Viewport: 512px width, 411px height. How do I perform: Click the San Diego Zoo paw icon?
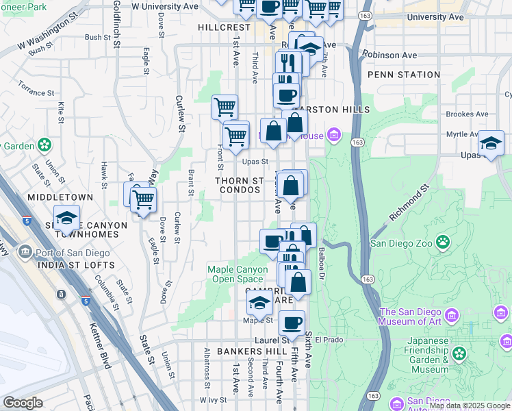tap(444, 241)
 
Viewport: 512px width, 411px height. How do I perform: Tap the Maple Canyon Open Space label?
tap(238, 274)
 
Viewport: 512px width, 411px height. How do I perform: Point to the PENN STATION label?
tap(404, 75)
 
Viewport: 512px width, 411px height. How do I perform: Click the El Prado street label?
tap(346, 340)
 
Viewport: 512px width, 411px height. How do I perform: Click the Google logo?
tap(23, 403)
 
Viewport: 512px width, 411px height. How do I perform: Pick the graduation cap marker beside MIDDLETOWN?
tap(66, 218)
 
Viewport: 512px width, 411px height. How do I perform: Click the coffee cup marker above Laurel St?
tap(292, 323)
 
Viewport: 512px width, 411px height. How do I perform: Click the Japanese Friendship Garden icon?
tap(459, 353)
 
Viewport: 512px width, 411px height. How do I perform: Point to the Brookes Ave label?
tap(467, 114)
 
